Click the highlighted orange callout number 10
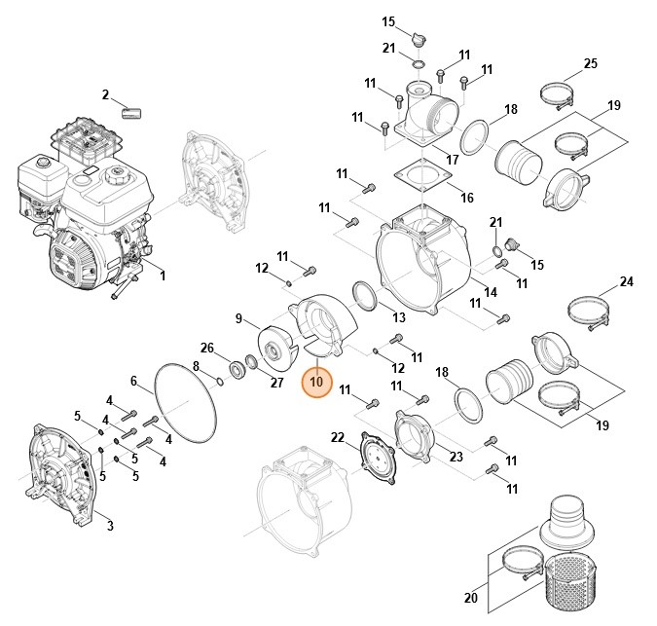click(315, 383)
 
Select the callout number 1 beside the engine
click(162, 276)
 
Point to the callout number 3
click(110, 527)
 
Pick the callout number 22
click(338, 436)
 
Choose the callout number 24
click(627, 282)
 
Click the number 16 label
click(467, 198)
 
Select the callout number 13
click(399, 317)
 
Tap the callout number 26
click(206, 348)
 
